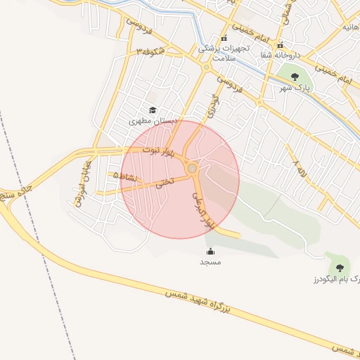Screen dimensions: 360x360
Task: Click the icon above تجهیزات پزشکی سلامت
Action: [224, 39]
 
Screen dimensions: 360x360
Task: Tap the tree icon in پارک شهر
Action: [292, 75]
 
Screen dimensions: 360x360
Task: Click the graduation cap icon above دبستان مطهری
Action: [153, 110]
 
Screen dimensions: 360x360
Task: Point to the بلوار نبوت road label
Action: [157, 150]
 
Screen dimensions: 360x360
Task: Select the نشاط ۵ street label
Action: [128, 176]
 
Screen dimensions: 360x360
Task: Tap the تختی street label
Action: [163, 185]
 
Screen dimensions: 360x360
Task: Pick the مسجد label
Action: [210, 262]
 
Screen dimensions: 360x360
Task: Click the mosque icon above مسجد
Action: [210, 251]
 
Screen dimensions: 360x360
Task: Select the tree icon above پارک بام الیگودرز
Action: [340, 268]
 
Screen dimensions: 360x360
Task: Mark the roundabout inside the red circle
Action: [192, 167]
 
